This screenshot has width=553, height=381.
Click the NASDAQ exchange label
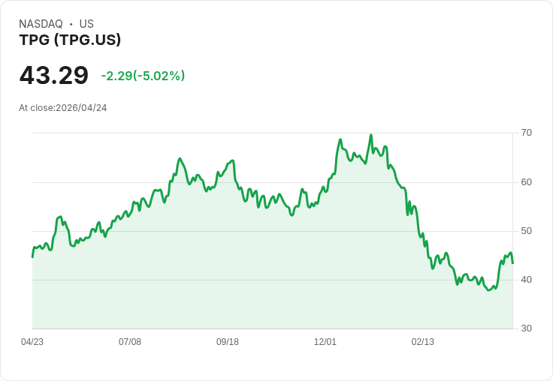[x=41, y=24]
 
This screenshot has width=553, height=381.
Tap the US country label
[x=86, y=24]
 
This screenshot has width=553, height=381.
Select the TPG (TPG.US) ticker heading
[x=70, y=40]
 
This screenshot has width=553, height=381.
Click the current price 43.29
[x=54, y=75]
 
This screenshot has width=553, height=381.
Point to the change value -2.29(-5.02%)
[x=143, y=76]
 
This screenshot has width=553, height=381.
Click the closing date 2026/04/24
[x=81, y=108]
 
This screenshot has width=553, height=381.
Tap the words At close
[x=37, y=108]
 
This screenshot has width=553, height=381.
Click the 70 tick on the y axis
[x=526, y=133]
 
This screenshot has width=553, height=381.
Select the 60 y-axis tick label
[x=526, y=182]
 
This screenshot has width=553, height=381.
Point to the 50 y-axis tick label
[x=526, y=231]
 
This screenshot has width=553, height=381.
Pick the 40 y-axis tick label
[x=526, y=280]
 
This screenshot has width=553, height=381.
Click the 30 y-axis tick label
[x=526, y=328]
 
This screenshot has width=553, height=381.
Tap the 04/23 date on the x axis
[x=32, y=342]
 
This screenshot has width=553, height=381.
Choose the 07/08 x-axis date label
[x=130, y=342]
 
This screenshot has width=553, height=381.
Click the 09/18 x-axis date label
[x=228, y=342]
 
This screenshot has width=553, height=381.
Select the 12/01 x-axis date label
[x=325, y=342]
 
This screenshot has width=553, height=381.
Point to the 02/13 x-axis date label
[x=423, y=342]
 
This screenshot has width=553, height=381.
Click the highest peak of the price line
[x=371, y=134]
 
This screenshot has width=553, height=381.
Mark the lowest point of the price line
[x=489, y=290]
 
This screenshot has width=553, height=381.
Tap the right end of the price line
[x=512, y=263]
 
